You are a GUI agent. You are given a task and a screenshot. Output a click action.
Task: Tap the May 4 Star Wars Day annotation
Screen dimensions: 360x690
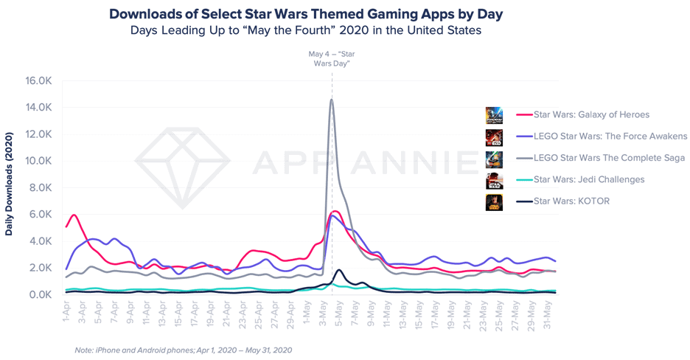click(330, 58)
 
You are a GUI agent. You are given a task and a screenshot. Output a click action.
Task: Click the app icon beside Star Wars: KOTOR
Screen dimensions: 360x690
click(494, 201)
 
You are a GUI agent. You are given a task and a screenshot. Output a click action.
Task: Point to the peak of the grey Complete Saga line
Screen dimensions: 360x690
click(332, 100)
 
